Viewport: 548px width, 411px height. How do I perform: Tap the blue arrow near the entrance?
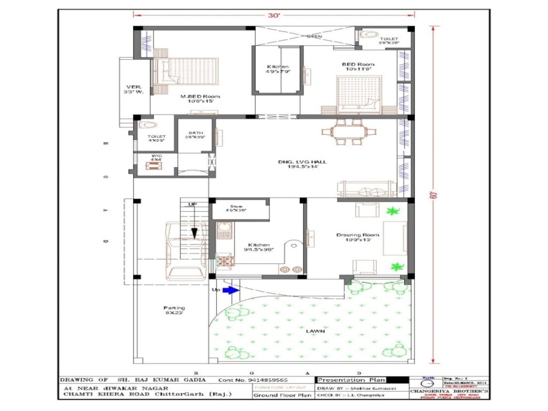(230, 290)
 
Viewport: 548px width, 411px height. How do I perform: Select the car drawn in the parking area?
(184, 250)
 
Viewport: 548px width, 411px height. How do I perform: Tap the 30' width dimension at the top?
(274, 16)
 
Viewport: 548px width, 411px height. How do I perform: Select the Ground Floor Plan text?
(282, 396)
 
